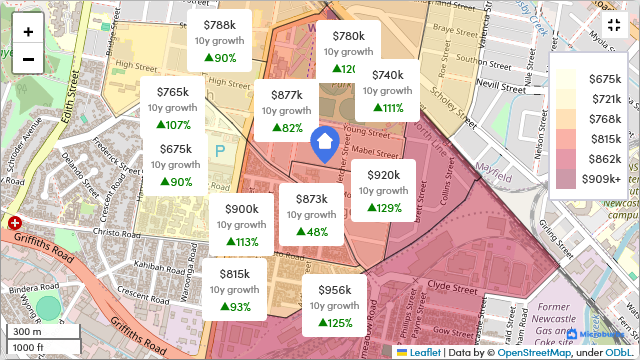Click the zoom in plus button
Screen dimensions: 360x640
pyautogui.click(x=28, y=31)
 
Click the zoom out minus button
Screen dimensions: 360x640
pyautogui.click(x=28, y=59)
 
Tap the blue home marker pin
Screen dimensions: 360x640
pyautogui.click(x=325, y=144)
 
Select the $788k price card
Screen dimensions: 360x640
pyautogui.click(x=220, y=41)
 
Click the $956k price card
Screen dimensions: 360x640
pyautogui.click(x=335, y=306)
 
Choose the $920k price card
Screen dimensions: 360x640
pyautogui.click(x=383, y=191)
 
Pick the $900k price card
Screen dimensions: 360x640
pyautogui.click(x=241, y=225)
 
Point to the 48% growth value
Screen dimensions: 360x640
pyautogui.click(x=311, y=232)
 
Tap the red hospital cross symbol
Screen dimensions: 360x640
pyautogui.click(x=15, y=225)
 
